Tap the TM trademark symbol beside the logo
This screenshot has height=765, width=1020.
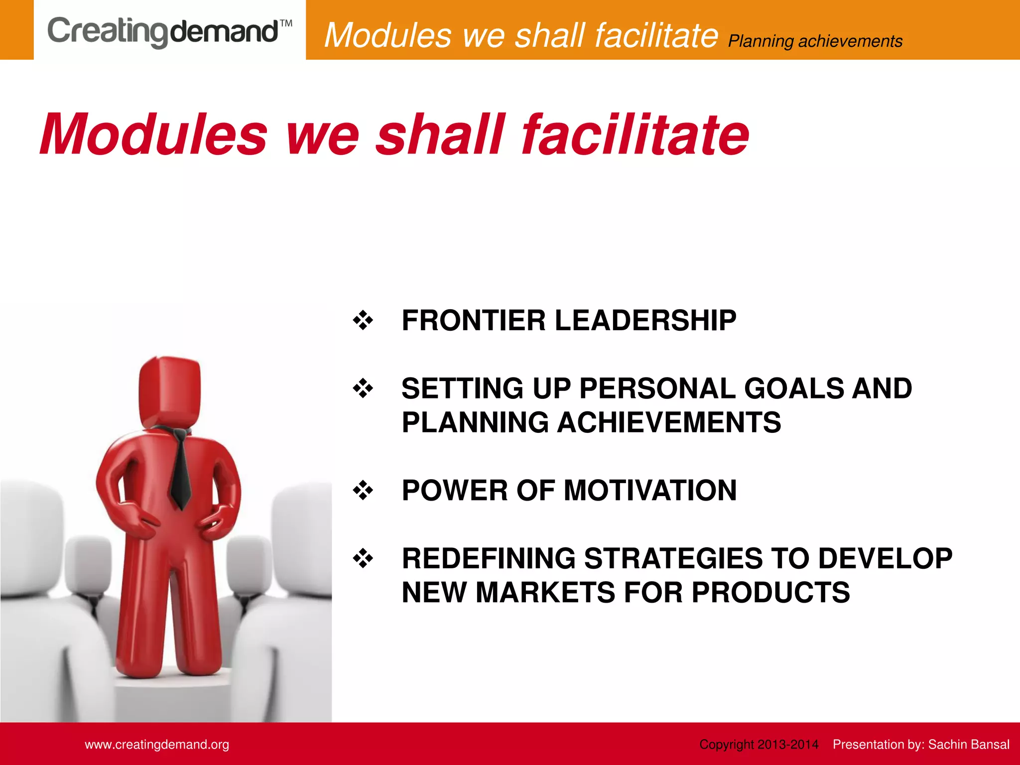[286, 23]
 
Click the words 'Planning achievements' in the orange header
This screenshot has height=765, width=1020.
[815, 41]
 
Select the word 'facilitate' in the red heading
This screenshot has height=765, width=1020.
[635, 134]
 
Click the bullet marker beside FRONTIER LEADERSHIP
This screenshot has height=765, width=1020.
[363, 320]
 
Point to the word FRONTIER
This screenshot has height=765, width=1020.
[474, 320]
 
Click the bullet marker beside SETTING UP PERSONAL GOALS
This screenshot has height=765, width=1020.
[363, 388]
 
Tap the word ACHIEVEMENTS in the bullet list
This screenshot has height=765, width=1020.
[668, 422]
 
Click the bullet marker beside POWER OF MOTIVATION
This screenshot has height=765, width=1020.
[363, 490]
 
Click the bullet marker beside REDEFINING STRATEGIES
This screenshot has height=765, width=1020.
[363, 558]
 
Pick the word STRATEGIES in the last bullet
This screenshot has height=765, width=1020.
[673, 558]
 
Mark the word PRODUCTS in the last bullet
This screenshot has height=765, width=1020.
[770, 592]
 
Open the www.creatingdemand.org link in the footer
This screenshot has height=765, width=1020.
[157, 745]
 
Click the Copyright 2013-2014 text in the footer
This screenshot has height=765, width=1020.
[759, 745]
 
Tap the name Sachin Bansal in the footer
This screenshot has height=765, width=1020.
[969, 745]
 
